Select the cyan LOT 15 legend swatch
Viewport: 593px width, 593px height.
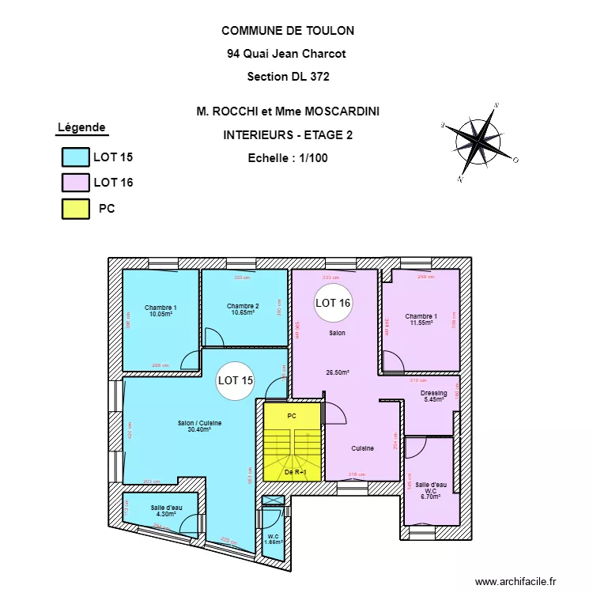76,157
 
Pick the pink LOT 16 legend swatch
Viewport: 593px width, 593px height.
76,183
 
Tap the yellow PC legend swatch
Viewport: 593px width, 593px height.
76,209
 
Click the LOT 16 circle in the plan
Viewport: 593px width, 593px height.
333,303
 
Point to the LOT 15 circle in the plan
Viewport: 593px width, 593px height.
236,380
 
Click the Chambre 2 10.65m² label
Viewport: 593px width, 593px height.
242,309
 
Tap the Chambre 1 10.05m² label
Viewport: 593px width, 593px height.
161,311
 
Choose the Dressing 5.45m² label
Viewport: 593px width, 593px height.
433,396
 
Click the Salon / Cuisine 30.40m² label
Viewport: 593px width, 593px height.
199,426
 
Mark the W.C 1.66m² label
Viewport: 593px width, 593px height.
272,539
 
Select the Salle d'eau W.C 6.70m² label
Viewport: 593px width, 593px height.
430,490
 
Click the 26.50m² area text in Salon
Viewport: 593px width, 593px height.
338,372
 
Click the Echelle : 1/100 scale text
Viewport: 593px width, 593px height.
288,157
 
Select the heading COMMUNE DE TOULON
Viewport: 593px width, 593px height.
288,31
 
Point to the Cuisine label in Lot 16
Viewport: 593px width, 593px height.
362,448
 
